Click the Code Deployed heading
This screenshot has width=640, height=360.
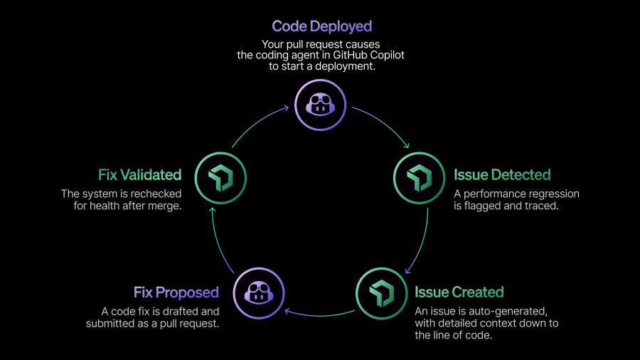321,26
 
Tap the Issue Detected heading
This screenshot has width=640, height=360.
502,174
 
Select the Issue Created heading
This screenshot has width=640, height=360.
459,292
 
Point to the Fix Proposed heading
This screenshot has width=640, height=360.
176,292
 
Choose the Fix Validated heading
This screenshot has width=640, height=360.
139,174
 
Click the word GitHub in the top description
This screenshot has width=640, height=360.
348,55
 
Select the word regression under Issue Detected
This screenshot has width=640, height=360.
548,194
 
